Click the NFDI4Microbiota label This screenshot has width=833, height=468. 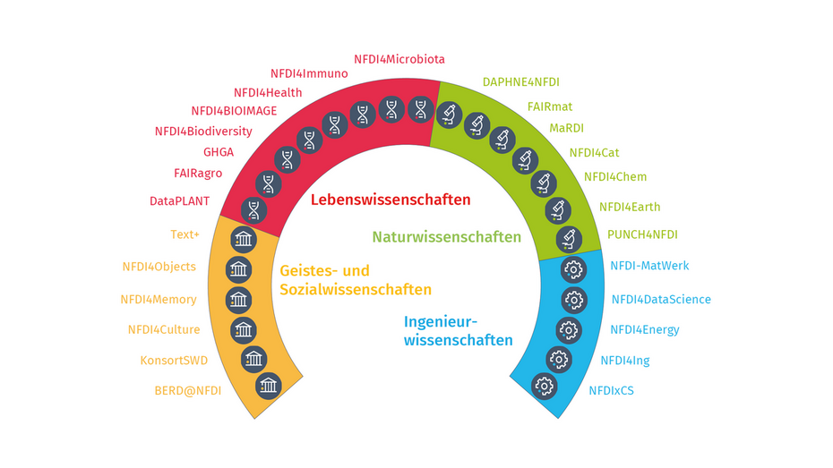399,59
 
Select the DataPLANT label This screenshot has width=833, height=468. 179,201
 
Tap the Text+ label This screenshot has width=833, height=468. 185,235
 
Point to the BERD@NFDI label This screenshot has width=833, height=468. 187,390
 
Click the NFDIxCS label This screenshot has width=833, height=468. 611,390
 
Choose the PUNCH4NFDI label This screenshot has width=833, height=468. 642,234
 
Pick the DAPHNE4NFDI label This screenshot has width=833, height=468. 520,81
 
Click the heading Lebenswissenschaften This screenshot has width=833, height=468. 391,200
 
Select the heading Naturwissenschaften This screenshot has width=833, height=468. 446,237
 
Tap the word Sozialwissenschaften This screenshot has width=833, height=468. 356,290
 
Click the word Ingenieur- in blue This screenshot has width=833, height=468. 441,321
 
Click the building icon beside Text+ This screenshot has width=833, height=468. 244,238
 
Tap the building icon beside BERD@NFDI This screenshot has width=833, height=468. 268,387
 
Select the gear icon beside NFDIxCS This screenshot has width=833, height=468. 544,387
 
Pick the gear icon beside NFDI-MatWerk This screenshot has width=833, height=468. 573,268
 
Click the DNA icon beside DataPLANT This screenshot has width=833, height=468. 254,210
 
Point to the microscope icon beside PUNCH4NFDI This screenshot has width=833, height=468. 568,239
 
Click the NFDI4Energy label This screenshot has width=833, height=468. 645,330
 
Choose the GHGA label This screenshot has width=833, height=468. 218,152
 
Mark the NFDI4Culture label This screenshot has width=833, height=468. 164,329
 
